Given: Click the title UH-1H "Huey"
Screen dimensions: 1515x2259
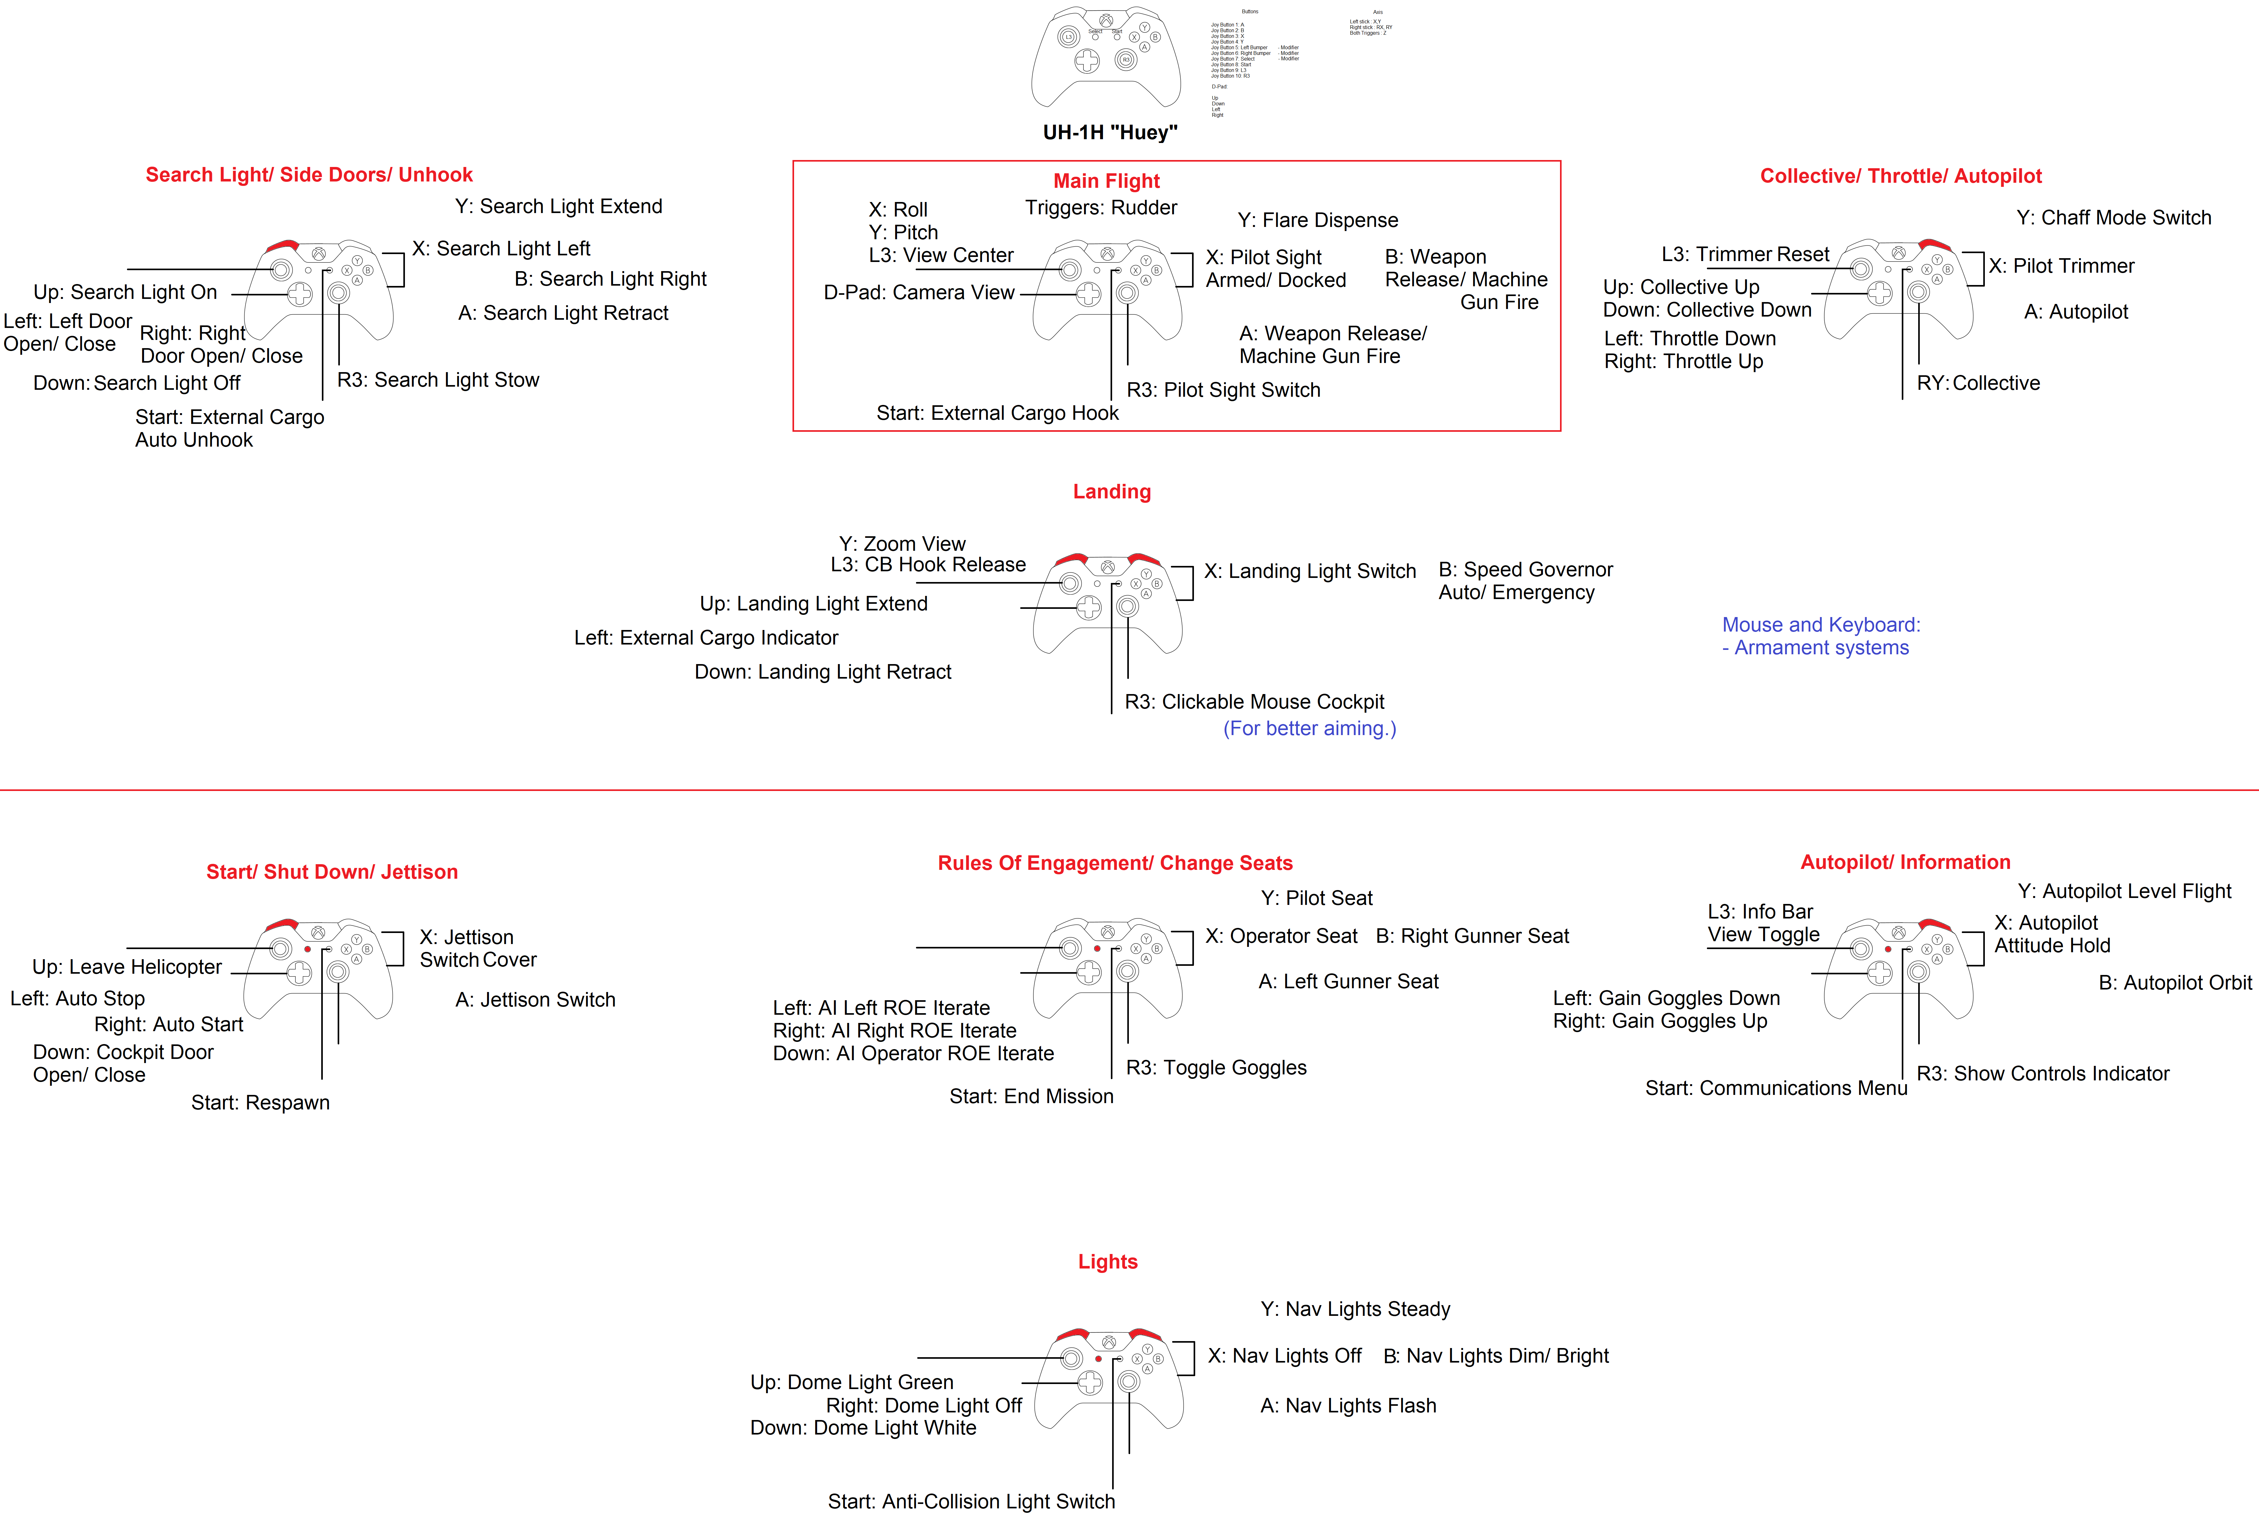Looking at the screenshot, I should pos(1110,132).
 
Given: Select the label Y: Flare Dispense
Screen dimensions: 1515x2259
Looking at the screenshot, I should pos(1317,220).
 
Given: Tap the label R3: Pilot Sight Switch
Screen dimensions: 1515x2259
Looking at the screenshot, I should pos(1223,390).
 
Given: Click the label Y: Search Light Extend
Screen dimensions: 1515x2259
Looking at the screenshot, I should pos(559,207).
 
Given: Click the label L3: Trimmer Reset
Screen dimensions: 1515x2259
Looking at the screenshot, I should pos(1745,254).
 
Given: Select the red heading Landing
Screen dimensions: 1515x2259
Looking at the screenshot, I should pos(1111,492).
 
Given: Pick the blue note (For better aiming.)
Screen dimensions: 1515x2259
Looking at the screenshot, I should pos(1310,728).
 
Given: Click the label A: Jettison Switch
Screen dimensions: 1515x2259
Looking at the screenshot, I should pos(534,1000).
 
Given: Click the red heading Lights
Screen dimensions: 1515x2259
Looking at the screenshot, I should pos(1108,1262).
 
